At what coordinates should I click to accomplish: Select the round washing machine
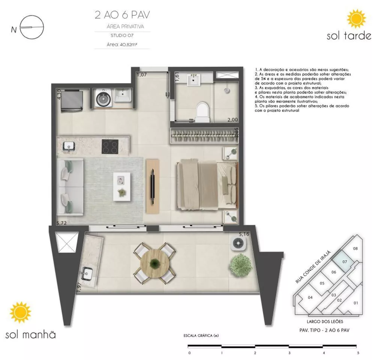pyautogui.click(x=102, y=99)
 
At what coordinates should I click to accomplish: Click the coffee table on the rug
pyautogui.click(x=121, y=186)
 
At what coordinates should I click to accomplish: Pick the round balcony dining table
pyautogui.click(x=154, y=263)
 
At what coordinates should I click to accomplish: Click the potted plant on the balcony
pyautogui.click(x=238, y=265)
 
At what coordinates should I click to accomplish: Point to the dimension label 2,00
pyautogui.click(x=233, y=120)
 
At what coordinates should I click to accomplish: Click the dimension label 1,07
pyautogui.click(x=141, y=75)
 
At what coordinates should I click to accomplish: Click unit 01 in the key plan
pyautogui.click(x=355, y=303)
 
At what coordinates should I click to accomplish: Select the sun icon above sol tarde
pyautogui.click(x=355, y=19)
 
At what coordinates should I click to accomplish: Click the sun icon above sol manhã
pyautogui.click(x=21, y=313)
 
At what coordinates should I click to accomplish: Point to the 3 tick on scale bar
pyautogui.click(x=289, y=346)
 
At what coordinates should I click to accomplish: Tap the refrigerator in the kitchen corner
pyautogui.click(x=73, y=100)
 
